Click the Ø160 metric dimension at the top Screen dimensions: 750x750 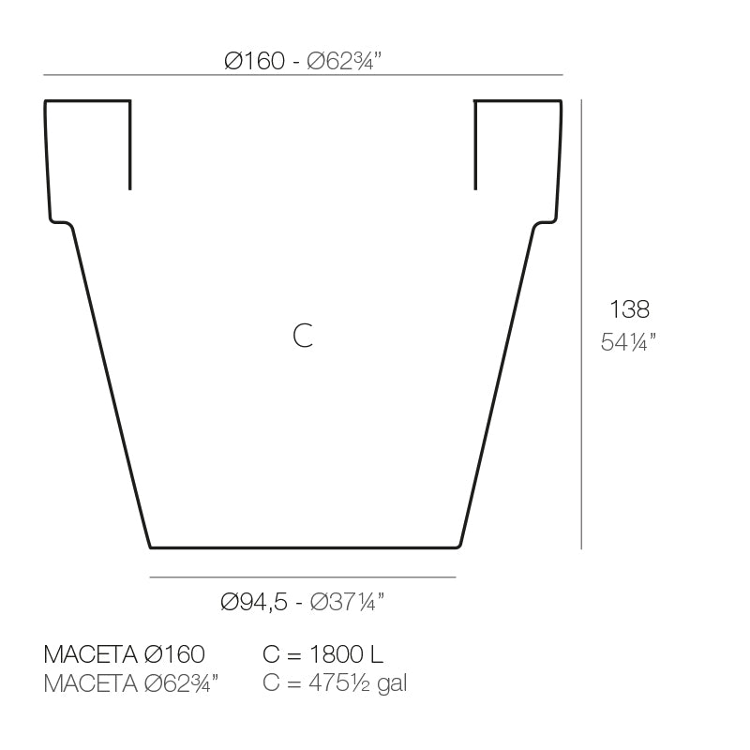pos(254,61)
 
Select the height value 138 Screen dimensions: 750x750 pos(629,308)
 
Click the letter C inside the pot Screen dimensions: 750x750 pos(302,335)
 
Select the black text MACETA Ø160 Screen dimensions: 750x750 pos(125,654)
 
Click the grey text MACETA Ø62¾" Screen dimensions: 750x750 pos(131,683)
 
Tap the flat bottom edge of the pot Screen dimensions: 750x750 pos(305,547)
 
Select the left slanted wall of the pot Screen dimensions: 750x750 pos(111,384)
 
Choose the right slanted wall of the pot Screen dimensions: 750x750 pos(499,384)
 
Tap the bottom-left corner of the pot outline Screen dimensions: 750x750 pos(151,546)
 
